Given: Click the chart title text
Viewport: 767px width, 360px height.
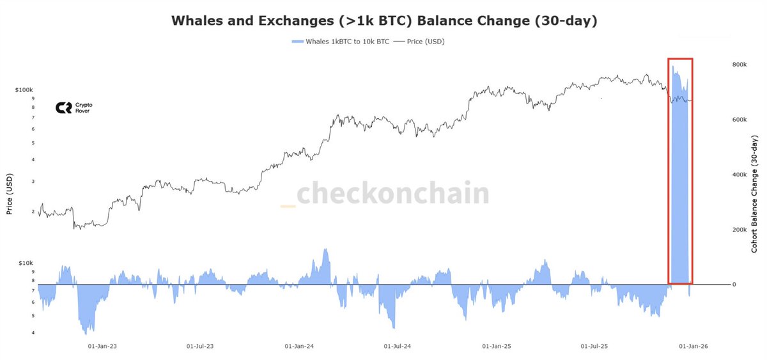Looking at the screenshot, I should click(383, 20).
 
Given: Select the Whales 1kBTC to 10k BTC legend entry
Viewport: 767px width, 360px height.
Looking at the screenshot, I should click(339, 42).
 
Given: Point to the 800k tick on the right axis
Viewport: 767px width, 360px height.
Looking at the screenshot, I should click(739, 65).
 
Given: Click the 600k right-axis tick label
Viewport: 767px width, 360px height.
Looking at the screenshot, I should click(739, 120).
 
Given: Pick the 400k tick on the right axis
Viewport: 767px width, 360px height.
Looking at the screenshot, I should click(739, 175).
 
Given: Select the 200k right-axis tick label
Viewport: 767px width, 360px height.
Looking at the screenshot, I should click(739, 230).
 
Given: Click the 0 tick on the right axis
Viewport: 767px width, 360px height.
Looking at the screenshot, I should click(734, 285).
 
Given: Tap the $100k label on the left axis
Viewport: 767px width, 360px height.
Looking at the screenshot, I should click(24, 90).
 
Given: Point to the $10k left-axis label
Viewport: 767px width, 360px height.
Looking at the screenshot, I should click(26, 263).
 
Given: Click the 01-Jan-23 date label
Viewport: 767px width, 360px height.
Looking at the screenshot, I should click(102, 346).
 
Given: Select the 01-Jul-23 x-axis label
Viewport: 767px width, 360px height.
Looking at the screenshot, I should click(200, 346).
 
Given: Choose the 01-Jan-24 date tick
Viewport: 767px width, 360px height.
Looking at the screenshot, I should click(299, 346).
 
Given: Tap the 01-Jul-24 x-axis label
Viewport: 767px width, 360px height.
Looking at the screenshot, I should click(398, 346).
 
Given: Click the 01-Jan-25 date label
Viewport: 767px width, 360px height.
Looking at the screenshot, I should click(497, 346).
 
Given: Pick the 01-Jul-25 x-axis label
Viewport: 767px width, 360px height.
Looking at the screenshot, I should click(594, 346).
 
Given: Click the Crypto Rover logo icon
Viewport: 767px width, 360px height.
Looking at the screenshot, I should click(63, 108).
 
